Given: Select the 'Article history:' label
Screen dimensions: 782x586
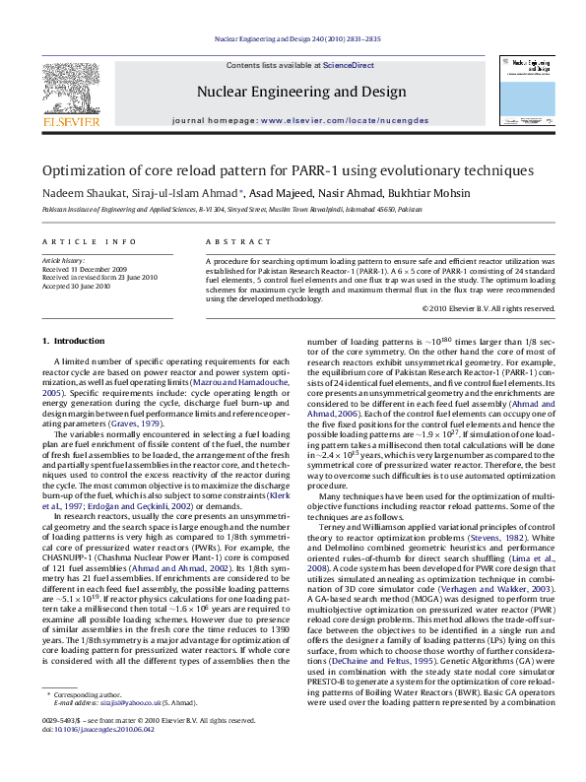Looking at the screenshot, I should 64,260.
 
